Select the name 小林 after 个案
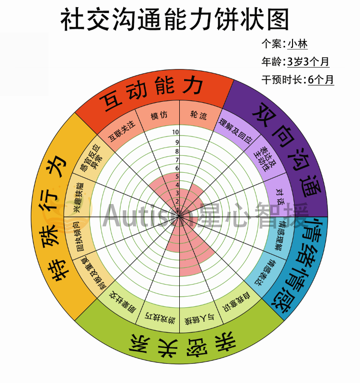297,44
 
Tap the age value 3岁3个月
308,62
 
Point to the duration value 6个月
320,80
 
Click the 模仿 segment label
159,116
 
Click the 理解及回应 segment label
235,130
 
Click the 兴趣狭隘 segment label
77,197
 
